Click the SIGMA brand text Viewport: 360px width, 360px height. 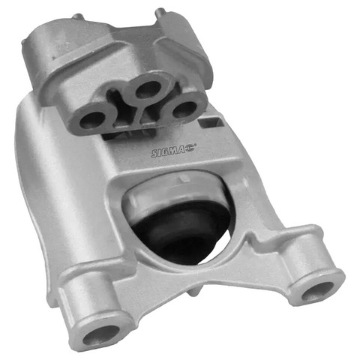click(x=168, y=151)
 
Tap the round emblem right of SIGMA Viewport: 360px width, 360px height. click(x=190, y=148)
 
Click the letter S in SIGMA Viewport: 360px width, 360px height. click(x=155, y=153)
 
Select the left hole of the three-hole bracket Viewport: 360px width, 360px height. click(x=91, y=120)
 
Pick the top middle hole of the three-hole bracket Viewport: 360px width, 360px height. click(x=148, y=89)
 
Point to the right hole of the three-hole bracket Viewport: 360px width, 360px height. click(x=184, y=109)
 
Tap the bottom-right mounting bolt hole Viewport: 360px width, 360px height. click(x=318, y=291)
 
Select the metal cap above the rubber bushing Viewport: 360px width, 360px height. click(x=175, y=190)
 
